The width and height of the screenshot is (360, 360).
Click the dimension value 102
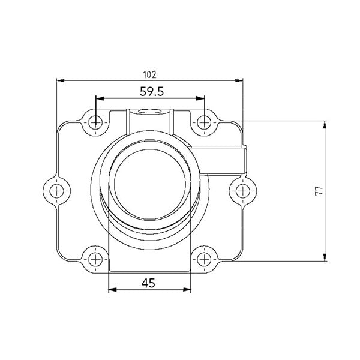point(149,74)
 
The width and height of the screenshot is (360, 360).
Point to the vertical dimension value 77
point(319,191)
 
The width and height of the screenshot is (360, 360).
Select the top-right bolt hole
point(204,122)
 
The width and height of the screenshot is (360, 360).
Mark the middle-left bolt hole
point(57,191)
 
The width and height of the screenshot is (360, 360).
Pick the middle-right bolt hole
point(241,191)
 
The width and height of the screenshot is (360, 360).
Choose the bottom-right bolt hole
point(204,259)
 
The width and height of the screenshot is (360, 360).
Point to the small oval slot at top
point(149,111)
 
